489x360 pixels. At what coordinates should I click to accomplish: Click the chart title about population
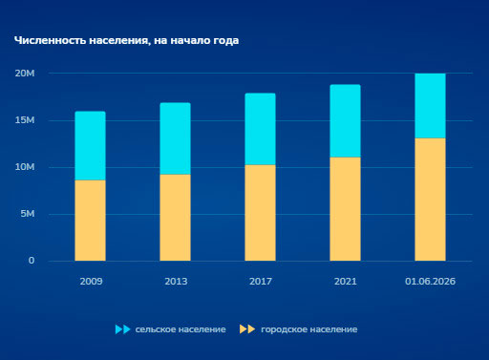(126, 41)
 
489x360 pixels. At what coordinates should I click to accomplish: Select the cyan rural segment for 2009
(90, 146)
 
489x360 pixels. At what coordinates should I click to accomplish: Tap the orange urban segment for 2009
(90, 221)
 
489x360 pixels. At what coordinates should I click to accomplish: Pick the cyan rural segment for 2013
(175, 138)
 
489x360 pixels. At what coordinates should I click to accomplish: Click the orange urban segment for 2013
(175, 218)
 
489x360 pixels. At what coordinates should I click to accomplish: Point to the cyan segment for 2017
(260, 129)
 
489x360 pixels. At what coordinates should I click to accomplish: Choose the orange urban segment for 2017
(260, 213)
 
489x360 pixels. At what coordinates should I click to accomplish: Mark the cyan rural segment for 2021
(345, 121)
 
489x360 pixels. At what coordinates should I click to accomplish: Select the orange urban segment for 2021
(345, 209)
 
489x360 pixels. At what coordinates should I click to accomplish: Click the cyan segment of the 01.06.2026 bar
(430, 106)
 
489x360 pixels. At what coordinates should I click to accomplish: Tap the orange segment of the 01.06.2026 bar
(430, 200)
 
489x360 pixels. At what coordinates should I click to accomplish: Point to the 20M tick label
(25, 74)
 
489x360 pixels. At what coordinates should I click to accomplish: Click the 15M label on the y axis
(25, 120)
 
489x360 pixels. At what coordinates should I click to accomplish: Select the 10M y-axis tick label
(25, 167)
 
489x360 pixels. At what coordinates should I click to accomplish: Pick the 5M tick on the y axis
(28, 214)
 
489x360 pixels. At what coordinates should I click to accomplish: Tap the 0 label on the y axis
(32, 261)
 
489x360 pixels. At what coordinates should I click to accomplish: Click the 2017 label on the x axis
(261, 282)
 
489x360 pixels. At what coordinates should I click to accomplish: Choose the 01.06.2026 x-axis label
(430, 282)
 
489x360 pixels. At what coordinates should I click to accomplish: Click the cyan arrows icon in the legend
(123, 329)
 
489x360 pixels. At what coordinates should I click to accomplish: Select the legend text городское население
(309, 329)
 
